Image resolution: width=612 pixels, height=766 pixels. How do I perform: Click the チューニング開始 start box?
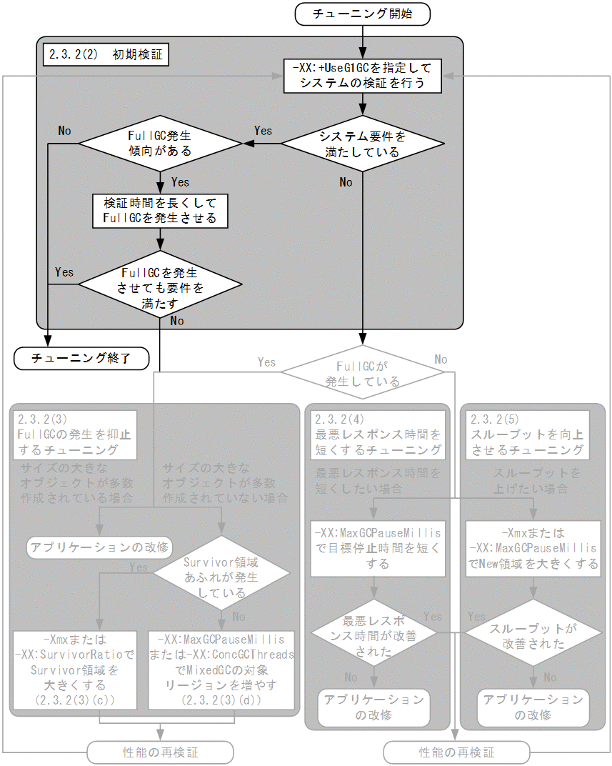point(362,14)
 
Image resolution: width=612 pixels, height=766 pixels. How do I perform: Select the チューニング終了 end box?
point(81,358)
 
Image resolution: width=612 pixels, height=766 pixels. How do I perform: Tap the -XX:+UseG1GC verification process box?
point(362,76)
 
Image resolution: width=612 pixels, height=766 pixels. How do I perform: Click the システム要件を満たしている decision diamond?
point(362,143)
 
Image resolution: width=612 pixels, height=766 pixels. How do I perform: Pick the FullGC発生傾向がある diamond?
point(160,143)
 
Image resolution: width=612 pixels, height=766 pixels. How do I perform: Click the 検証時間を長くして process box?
point(160,210)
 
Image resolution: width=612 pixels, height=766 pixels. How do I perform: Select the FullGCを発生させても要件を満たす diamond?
point(160,283)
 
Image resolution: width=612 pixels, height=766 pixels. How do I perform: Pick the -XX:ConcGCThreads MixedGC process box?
point(221,669)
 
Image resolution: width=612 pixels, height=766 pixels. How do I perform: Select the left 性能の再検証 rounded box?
point(160,752)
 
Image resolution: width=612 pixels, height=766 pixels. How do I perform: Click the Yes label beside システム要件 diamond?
point(263,131)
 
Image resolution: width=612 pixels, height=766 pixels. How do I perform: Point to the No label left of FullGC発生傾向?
point(64,131)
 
